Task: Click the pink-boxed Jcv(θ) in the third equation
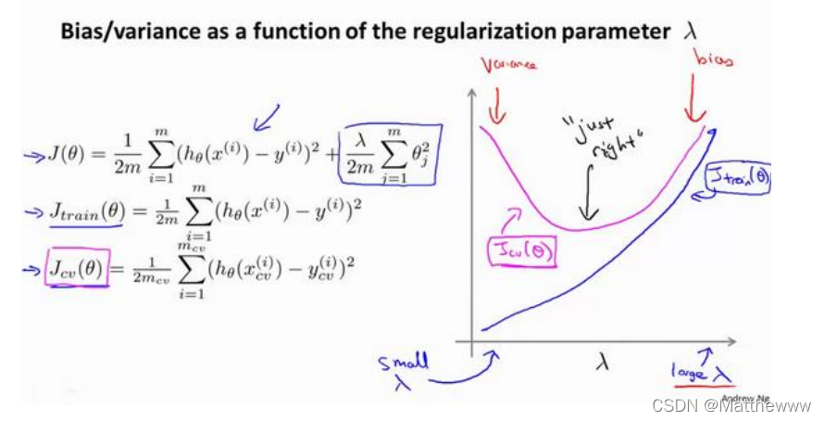click(x=77, y=270)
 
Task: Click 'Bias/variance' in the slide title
click(x=120, y=32)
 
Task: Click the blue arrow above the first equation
click(x=268, y=116)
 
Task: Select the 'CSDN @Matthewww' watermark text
click(x=731, y=406)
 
